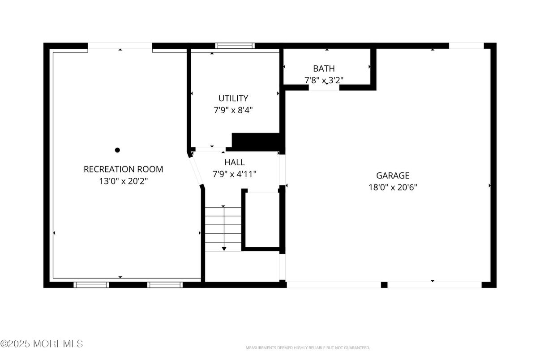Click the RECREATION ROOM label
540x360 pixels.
[x=123, y=169]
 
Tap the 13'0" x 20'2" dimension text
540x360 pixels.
[x=123, y=181]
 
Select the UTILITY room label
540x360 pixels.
[x=233, y=98]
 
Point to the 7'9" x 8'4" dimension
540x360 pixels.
[x=233, y=110]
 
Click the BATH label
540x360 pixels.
[x=323, y=69]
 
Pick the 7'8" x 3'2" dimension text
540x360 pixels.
[x=323, y=80]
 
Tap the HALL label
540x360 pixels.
[x=234, y=162]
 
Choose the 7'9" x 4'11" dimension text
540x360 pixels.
[x=234, y=174]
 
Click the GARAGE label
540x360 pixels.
[x=392, y=176]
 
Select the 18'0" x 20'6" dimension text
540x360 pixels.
[x=392, y=188]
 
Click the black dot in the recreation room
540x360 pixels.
[x=117, y=150]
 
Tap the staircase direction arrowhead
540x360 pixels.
[x=224, y=248]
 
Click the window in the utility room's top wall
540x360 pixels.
[x=235, y=46]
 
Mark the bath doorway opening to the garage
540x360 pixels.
[x=324, y=88]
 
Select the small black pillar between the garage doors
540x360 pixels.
[x=384, y=285]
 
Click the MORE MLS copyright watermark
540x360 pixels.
[x=42, y=344]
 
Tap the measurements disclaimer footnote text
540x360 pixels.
[x=307, y=348]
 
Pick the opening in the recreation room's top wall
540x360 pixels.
[x=120, y=46]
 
